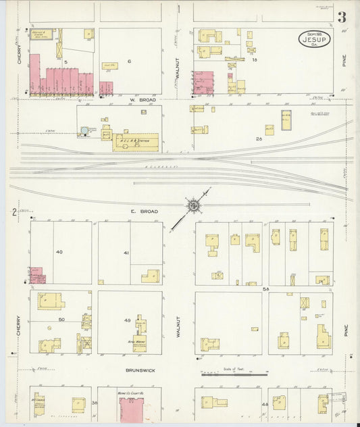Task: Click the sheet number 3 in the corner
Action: point(343,17)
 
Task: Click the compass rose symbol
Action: point(192,204)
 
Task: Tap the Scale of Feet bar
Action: point(234,372)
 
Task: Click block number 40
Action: point(59,252)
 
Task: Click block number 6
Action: point(128,61)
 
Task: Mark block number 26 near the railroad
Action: point(259,139)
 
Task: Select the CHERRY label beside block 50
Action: point(19,327)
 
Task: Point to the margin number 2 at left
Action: point(14,213)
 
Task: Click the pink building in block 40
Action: point(37,275)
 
